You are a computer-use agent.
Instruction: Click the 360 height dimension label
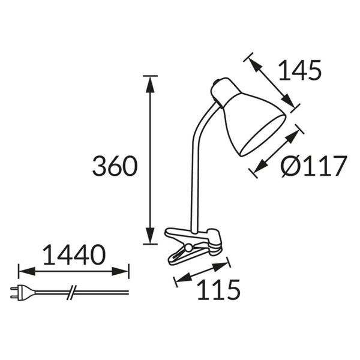click(115, 166)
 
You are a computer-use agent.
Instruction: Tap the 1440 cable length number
click(74, 256)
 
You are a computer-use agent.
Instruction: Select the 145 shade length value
click(299, 71)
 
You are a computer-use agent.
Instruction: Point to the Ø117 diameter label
click(314, 166)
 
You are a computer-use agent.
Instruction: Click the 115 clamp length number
click(219, 290)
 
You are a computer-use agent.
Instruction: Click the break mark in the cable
click(71, 292)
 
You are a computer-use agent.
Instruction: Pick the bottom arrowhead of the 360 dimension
click(149, 238)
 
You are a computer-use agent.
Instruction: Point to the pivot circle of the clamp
click(189, 247)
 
